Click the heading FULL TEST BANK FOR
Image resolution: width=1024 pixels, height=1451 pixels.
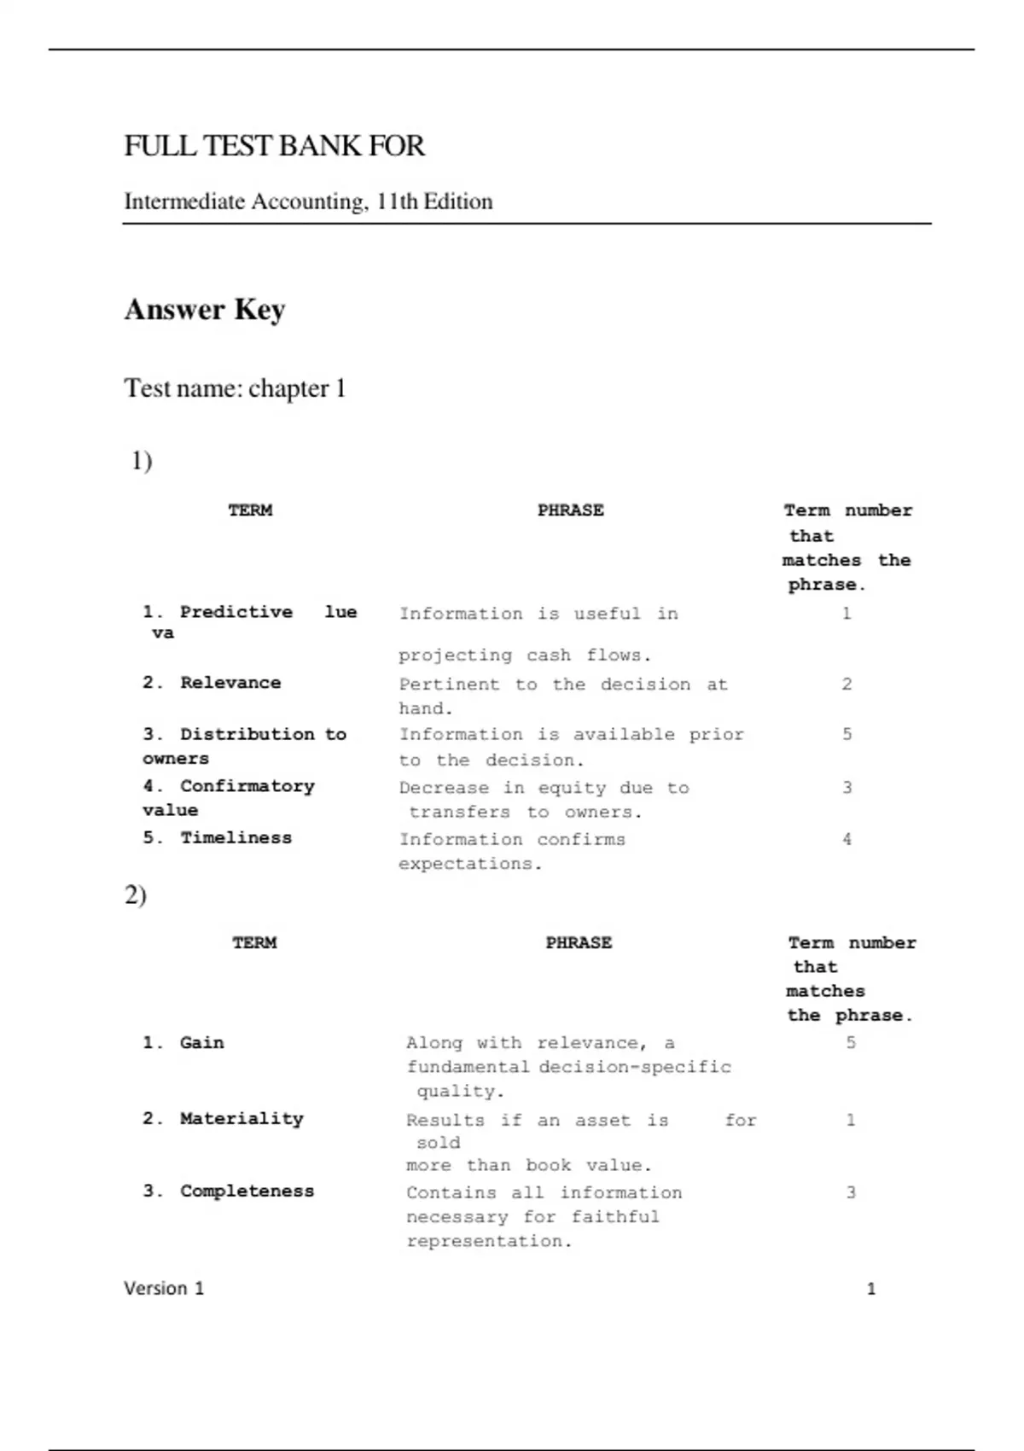click(x=274, y=146)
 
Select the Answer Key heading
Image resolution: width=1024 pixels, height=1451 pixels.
click(x=205, y=309)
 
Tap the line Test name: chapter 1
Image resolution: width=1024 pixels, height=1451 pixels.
click(x=235, y=388)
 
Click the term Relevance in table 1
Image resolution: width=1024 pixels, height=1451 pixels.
click(x=230, y=683)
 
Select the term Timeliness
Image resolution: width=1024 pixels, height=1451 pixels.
click(x=236, y=837)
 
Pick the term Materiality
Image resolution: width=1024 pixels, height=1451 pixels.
click(x=241, y=1118)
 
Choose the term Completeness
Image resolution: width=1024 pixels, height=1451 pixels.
click(x=247, y=1191)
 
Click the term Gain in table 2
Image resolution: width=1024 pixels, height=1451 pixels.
click(x=201, y=1042)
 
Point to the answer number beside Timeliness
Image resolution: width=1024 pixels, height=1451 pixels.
click(x=847, y=839)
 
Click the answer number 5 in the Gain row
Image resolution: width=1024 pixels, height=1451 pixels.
click(x=851, y=1042)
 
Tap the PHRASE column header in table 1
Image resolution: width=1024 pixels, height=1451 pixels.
click(x=570, y=510)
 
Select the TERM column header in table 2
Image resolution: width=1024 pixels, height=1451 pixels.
click(x=254, y=942)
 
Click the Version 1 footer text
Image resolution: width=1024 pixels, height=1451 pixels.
click(x=164, y=1288)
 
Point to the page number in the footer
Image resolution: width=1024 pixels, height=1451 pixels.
click(x=870, y=1289)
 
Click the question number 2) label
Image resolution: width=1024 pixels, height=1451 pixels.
click(x=136, y=894)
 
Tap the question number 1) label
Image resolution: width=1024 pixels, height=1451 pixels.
click(x=142, y=461)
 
